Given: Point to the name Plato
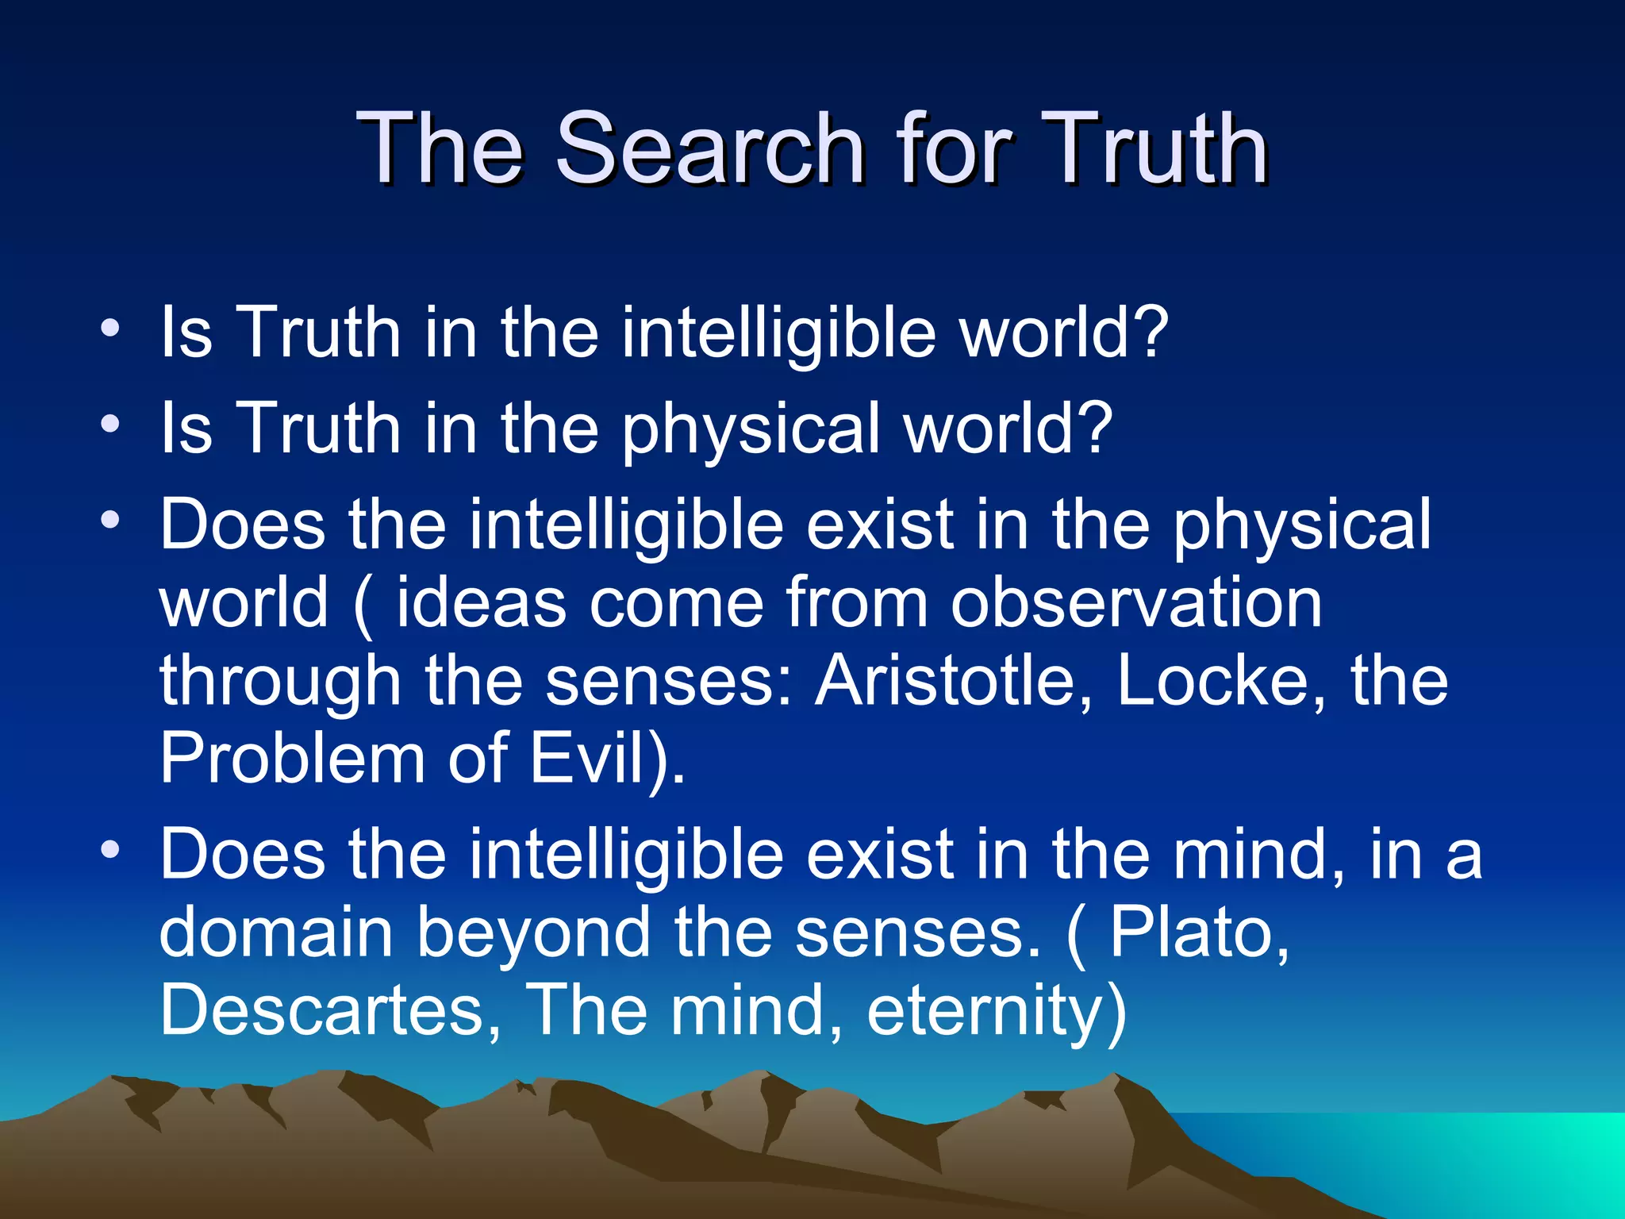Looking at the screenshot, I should click(1199, 932).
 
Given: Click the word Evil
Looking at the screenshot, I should click(587, 759).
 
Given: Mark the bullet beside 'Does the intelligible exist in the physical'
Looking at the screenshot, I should click(110, 520).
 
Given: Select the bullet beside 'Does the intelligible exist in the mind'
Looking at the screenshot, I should click(110, 849).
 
